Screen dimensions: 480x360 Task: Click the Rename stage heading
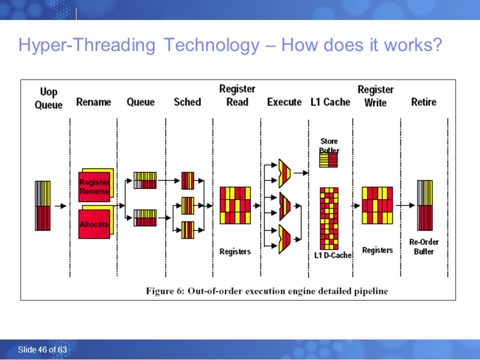tap(93, 102)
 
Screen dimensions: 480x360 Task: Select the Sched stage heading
tap(187, 102)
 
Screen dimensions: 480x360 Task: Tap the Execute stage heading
tap(284, 102)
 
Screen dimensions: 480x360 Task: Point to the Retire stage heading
tap(423, 102)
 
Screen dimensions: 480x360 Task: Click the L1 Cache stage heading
tap(330, 102)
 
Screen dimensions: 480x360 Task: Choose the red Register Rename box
tap(94, 186)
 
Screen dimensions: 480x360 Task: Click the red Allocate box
tap(94, 224)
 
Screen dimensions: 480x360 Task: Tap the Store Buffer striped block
tap(328, 160)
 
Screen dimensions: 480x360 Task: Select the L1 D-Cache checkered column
tap(329, 218)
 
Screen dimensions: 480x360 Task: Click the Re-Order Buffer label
tap(423, 246)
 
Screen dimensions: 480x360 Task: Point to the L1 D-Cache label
tap(333, 255)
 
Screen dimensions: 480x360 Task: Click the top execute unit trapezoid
tap(284, 173)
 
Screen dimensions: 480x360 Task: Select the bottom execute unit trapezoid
tap(284, 239)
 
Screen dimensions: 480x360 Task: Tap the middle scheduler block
tap(187, 205)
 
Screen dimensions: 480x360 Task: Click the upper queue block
tap(145, 180)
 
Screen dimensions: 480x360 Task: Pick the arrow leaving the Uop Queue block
tap(60, 206)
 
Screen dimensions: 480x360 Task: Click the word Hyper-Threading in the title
tap(87, 45)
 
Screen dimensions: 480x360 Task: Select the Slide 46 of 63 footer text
tap(42, 349)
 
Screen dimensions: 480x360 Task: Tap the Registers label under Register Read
tap(235, 251)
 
